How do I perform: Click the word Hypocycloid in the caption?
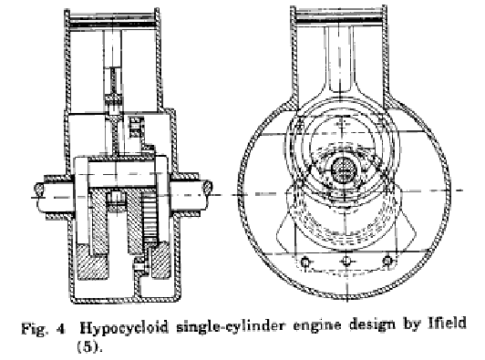tap(124, 327)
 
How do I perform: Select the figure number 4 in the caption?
tap(61, 329)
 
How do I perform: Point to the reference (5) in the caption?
tap(89, 347)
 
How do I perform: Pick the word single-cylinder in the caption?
tap(230, 326)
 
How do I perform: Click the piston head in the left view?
tap(112, 22)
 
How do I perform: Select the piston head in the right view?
tap(339, 18)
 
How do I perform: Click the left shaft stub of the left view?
tap(54, 197)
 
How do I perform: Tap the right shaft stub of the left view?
tap(191, 195)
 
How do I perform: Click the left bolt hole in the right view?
tap(305, 262)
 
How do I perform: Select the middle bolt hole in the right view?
tap(346, 262)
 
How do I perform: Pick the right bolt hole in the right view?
tap(387, 261)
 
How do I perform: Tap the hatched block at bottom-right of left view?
tap(160, 261)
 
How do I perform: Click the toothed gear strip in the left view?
tap(150, 218)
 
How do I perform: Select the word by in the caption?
tap(412, 324)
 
